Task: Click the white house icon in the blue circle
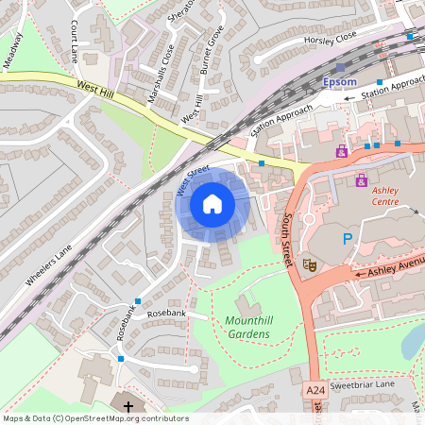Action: coord(212,203)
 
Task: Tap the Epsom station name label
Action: coord(340,82)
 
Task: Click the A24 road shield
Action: coord(314,389)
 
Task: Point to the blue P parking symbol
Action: coord(347,240)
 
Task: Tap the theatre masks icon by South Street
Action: coord(308,266)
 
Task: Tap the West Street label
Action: coord(192,179)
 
